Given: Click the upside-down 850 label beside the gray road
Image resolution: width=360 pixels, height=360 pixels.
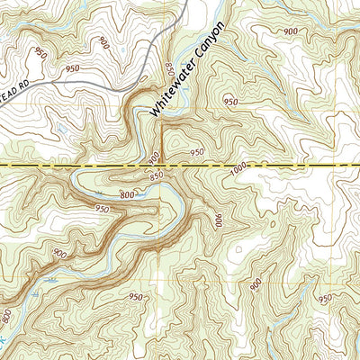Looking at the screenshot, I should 169,71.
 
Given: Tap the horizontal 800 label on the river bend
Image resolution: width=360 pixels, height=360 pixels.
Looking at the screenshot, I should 127,194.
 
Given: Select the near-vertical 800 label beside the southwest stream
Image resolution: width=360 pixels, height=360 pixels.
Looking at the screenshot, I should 7,318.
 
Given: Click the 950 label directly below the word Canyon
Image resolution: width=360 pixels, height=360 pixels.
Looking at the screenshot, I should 230,102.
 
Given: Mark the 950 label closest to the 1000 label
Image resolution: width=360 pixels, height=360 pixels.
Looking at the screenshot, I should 197,152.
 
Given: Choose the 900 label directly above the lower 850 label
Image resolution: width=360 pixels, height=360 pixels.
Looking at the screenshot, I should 154,161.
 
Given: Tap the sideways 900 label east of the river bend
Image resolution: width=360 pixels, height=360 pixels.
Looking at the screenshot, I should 218,220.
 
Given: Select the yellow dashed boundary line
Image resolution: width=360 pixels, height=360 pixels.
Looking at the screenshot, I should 270,167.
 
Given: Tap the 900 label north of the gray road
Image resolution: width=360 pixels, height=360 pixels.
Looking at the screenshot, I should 105,42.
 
